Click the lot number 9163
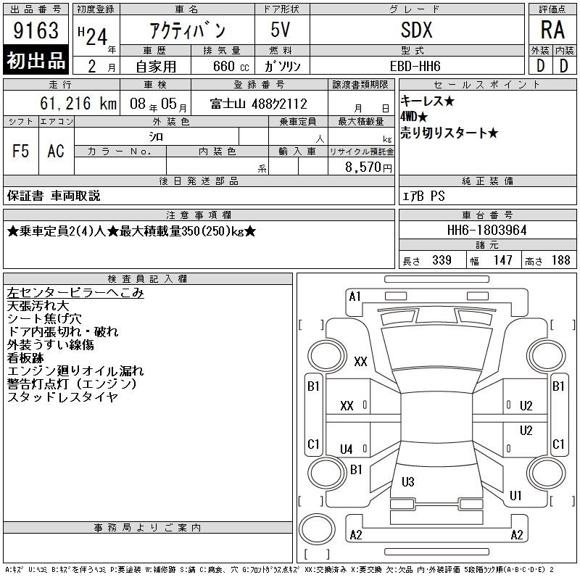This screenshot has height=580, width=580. pos(36,30)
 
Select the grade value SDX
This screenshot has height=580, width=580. pos(416,30)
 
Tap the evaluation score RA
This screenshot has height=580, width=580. pos(552,30)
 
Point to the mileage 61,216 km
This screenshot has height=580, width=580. pos(78,103)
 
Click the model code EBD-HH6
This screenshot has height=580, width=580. pos(415,66)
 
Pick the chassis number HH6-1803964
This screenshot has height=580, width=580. pos(486,230)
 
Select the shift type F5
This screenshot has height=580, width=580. pos(20,151)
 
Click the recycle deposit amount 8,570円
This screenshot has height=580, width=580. pos(368,167)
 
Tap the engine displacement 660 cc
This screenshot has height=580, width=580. pos(231,66)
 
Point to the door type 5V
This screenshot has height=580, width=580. pos(281,30)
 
